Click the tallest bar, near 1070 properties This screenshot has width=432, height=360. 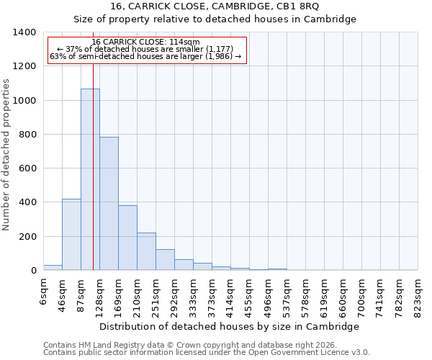click(x=90, y=180)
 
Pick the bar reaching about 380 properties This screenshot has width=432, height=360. click(x=127, y=238)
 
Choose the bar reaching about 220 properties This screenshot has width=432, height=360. click(x=146, y=251)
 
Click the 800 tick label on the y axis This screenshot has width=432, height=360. click(x=26, y=135)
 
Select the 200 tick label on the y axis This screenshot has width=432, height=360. click(x=26, y=237)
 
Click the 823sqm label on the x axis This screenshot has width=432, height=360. click(x=418, y=293)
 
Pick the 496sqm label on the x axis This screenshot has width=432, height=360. click(x=269, y=293)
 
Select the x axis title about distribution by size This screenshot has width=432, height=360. click(x=229, y=326)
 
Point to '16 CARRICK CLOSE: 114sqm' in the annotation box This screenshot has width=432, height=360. click(x=146, y=42)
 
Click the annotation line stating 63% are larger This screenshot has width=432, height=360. click(x=146, y=57)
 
